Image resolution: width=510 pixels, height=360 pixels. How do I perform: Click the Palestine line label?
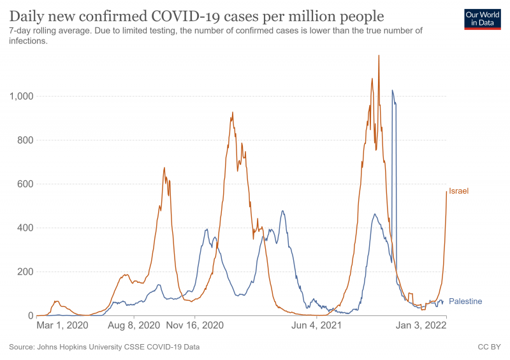click(465, 301)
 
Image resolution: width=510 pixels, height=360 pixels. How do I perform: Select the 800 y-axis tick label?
click(24, 140)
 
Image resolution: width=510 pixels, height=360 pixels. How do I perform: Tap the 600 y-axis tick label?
click(24, 184)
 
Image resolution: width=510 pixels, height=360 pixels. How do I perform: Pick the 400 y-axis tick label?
click(24, 228)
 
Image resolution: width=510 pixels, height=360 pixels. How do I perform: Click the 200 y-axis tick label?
click(24, 272)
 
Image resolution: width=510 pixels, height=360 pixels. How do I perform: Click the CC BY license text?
click(489, 347)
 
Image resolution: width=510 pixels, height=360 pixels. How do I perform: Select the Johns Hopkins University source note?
click(105, 347)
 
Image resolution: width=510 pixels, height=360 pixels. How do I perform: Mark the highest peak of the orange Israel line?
click(379, 55)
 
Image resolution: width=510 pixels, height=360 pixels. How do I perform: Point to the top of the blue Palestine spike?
click(392, 90)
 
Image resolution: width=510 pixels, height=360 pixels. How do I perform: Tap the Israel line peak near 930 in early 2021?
click(233, 113)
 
